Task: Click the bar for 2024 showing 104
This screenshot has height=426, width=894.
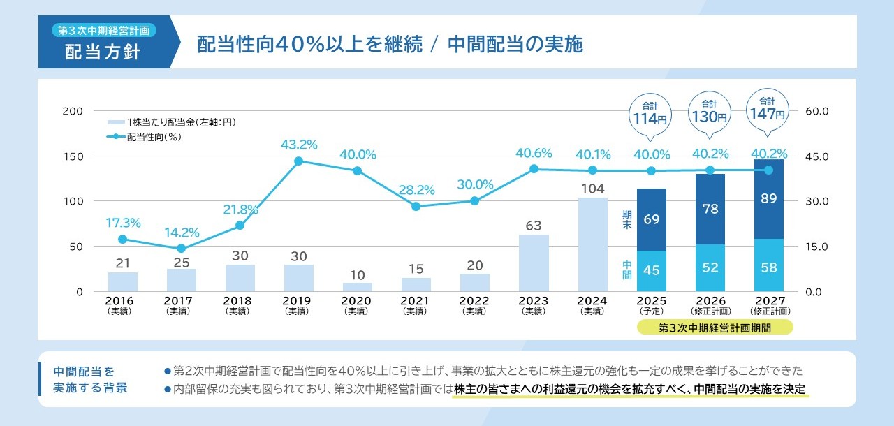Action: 592,244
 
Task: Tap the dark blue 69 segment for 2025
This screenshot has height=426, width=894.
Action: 651,219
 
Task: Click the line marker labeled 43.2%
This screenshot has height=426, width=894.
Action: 299,161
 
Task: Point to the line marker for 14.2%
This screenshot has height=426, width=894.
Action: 181,248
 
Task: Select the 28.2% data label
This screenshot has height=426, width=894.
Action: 416,189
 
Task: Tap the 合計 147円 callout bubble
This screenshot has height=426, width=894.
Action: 768,108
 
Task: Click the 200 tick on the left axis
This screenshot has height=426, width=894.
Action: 73,111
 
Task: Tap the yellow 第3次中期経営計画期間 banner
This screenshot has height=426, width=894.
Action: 715,328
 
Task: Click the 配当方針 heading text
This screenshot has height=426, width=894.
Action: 103,52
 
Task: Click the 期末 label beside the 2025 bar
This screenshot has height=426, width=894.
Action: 626,220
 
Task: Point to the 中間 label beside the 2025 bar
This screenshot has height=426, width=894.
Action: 626,270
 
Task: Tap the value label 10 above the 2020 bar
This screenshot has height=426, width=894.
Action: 358,274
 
